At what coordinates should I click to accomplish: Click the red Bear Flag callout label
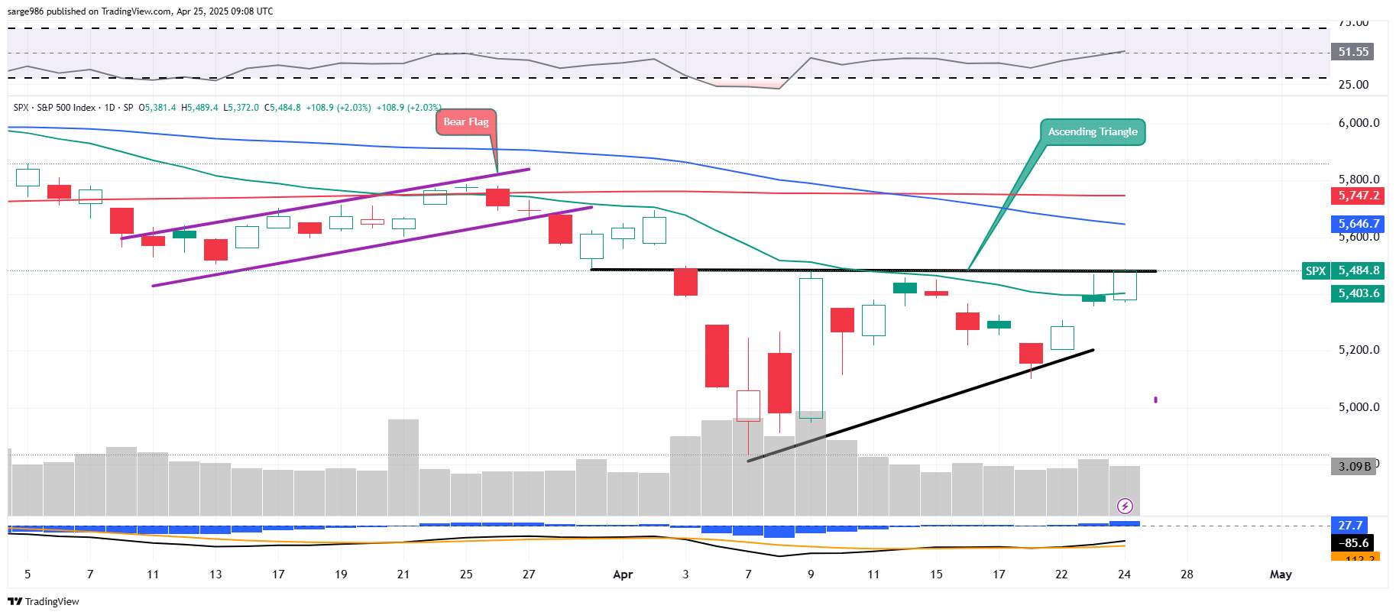(x=466, y=122)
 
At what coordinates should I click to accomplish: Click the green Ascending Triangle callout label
(x=1092, y=132)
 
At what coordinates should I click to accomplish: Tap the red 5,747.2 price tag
(x=1358, y=196)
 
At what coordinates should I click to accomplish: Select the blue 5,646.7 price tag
(x=1358, y=224)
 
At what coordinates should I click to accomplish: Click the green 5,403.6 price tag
(x=1358, y=293)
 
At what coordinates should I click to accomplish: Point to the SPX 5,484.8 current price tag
(x=1343, y=270)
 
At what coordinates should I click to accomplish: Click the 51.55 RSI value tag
(x=1352, y=52)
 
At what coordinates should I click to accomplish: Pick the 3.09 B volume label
(x=1354, y=466)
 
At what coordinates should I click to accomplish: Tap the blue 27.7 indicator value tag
(x=1349, y=526)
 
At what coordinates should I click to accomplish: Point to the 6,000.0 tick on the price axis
(x=1359, y=123)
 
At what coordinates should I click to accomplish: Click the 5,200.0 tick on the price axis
(x=1359, y=350)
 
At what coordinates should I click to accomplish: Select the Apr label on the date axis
(x=623, y=575)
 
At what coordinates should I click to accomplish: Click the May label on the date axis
(x=1281, y=575)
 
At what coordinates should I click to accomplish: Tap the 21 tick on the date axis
(x=403, y=575)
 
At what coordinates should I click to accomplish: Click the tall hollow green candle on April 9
(x=811, y=348)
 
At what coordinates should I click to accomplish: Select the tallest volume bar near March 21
(x=403, y=467)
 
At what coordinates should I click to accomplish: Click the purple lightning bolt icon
(x=1125, y=506)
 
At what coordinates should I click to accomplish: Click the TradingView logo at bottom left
(x=44, y=601)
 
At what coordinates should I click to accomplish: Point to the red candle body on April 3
(x=685, y=282)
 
